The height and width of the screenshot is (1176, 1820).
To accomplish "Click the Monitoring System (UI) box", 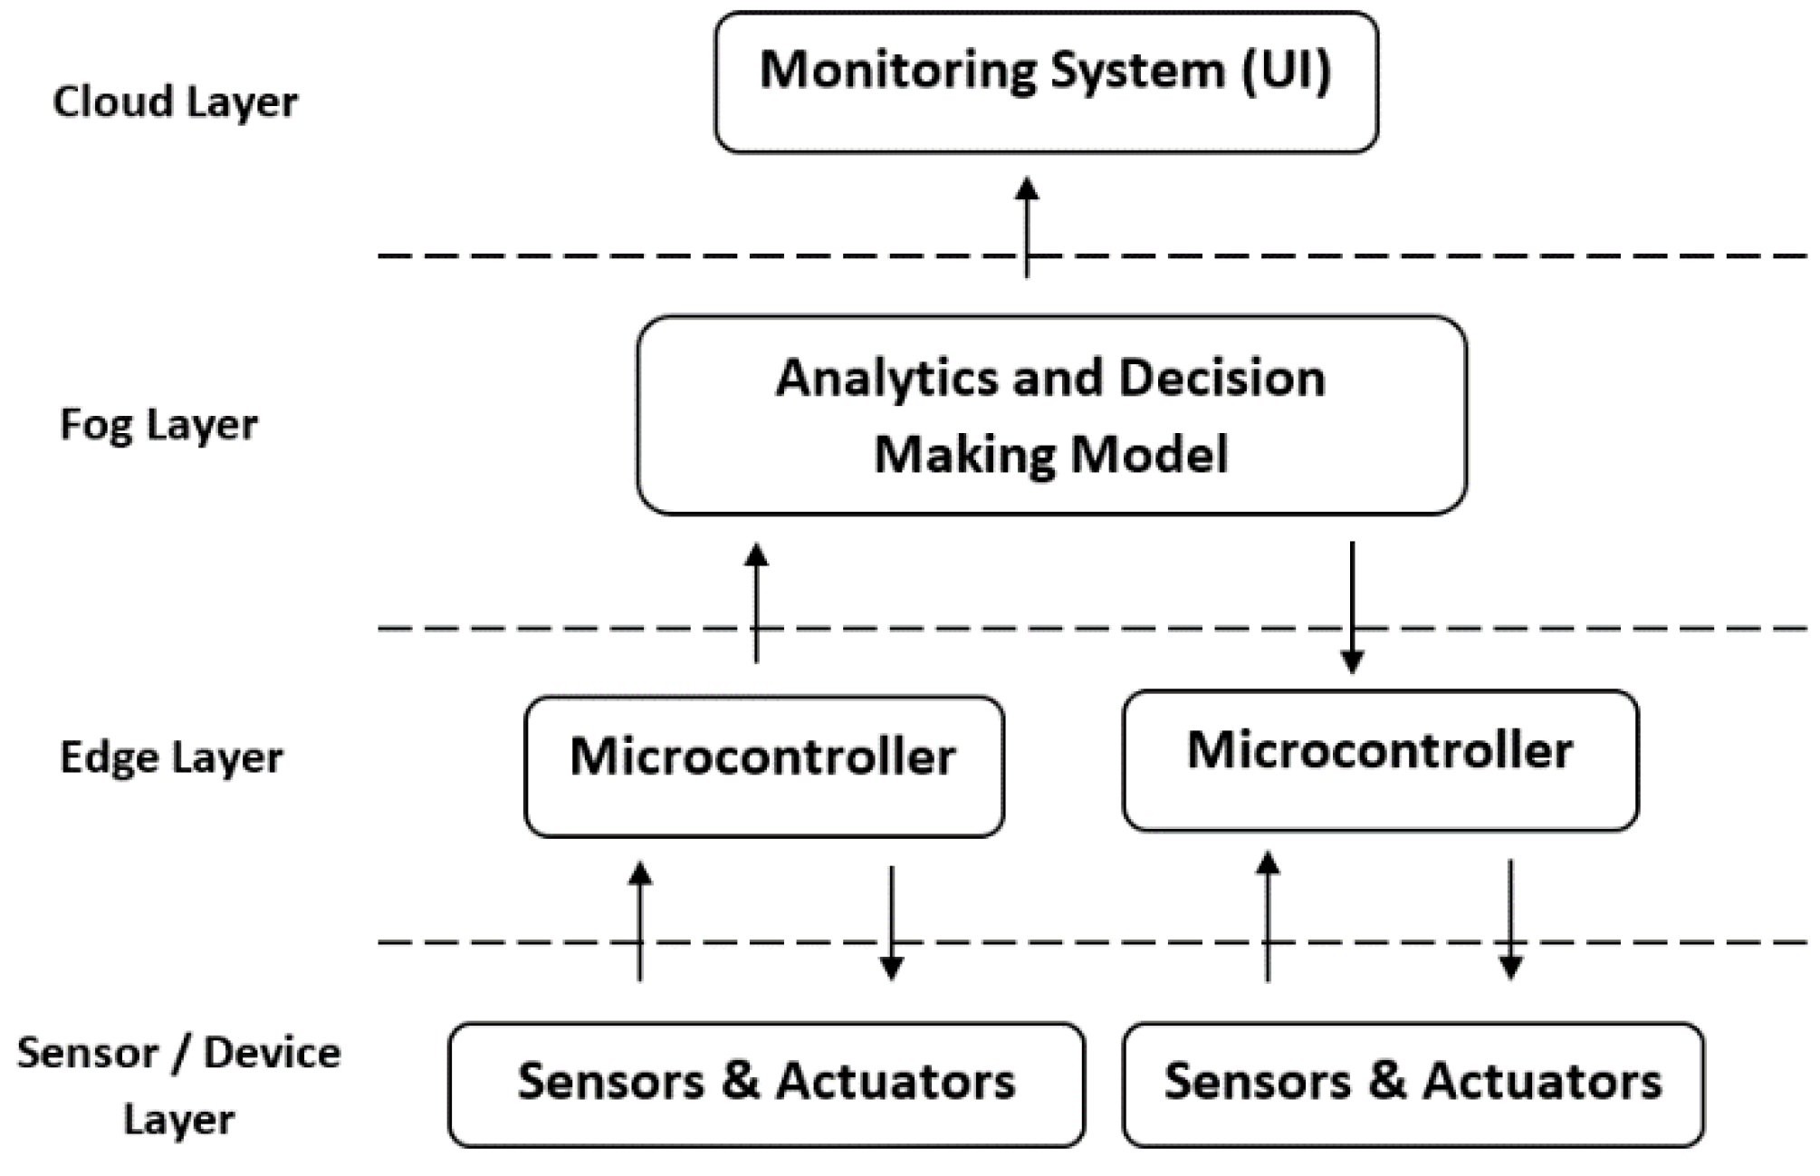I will tap(1046, 82).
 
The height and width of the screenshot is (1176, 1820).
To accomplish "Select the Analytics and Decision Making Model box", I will tap(1050, 415).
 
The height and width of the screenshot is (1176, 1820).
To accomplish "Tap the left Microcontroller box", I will tap(763, 766).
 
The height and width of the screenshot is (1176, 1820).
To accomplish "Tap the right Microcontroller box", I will tap(1380, 760).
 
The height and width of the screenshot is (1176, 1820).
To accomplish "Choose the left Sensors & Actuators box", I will tap(766, 1084).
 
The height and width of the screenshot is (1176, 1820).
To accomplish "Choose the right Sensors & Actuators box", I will tap(1413, 1084).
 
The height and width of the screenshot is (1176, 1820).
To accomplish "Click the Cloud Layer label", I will tap(175, 101).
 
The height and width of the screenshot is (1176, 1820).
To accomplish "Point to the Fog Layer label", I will tap(158, 424).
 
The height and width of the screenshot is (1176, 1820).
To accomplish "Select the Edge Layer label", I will tap(171, 757).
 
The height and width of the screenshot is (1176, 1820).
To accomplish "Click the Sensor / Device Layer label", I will tap(178, 1085).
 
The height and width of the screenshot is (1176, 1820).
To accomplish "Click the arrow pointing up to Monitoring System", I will tap(1026, 227).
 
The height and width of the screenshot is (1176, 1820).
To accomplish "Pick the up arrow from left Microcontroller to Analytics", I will tap(756, 602).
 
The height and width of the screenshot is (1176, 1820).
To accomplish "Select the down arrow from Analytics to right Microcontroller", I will tap(1352, 607).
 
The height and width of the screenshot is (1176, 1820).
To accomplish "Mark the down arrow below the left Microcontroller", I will tap(892, 923).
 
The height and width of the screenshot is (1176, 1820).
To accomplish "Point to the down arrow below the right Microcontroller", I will tap(1509, 920).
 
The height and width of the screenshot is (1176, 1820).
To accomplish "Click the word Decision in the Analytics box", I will tap(1221, 378).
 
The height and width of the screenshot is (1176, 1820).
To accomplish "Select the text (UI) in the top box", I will tap(1286, 70).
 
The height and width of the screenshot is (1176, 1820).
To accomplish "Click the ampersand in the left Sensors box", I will tap(741, 1081).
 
